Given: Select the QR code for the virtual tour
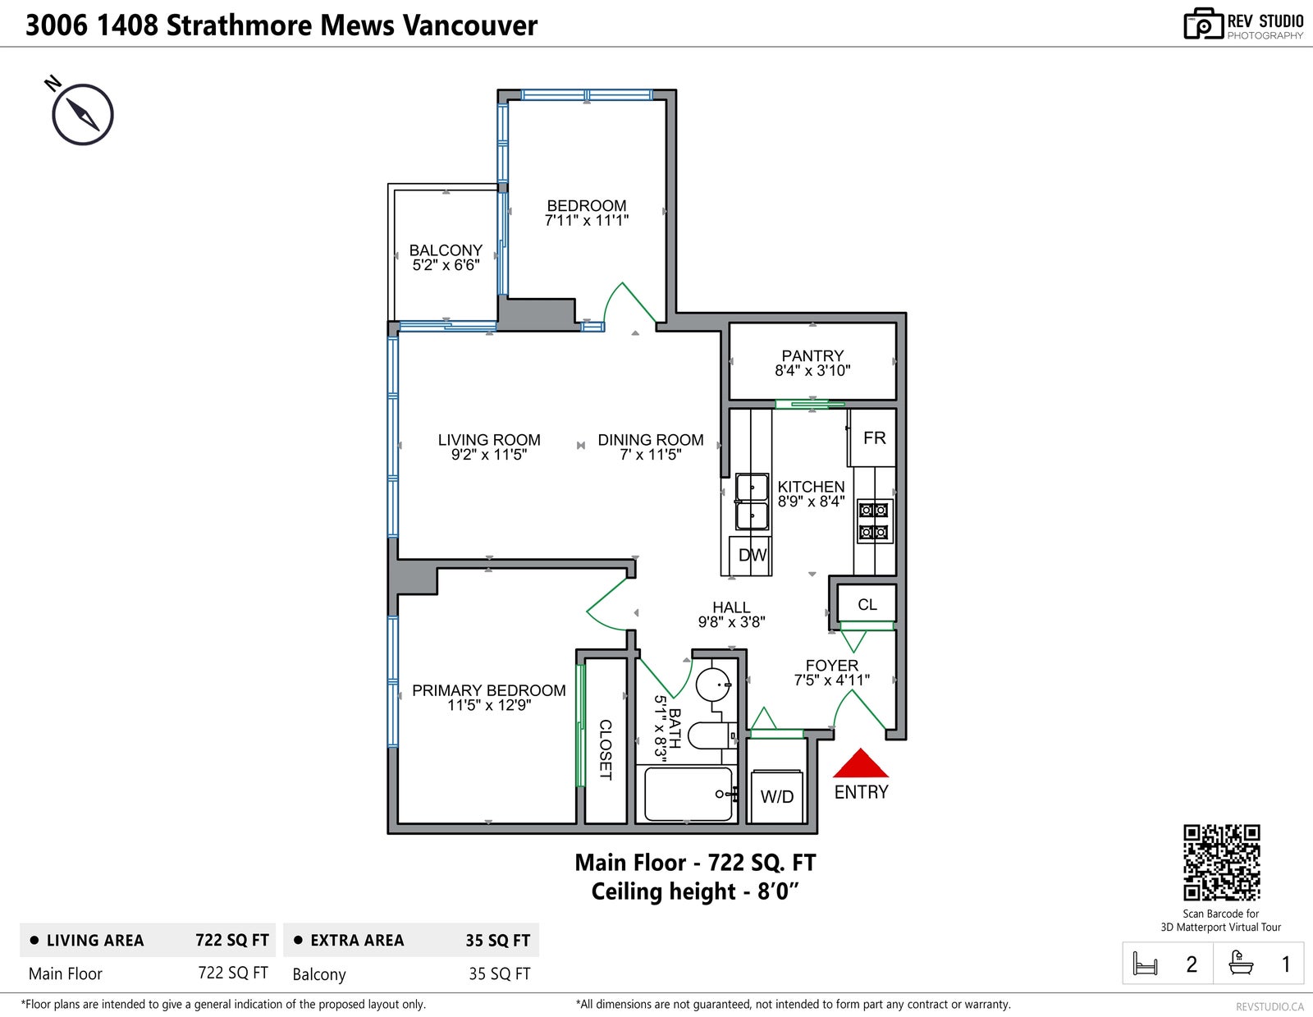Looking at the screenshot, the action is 1221,863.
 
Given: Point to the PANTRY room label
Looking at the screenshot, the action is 812,356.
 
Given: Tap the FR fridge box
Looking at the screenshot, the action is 873,438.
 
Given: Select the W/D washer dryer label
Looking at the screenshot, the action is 776,797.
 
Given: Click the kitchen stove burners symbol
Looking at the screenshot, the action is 874,521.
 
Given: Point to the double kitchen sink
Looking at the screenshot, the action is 752,502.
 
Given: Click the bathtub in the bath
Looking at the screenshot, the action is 688,794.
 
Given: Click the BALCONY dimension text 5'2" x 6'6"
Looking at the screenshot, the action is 446,265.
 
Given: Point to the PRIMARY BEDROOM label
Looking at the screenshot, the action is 489,690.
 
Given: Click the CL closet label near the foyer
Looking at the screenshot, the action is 867,604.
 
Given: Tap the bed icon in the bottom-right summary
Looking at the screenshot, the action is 1145,964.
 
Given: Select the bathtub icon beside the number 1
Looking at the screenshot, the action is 1241,963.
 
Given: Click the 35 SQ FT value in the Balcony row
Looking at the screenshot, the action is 499,974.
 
